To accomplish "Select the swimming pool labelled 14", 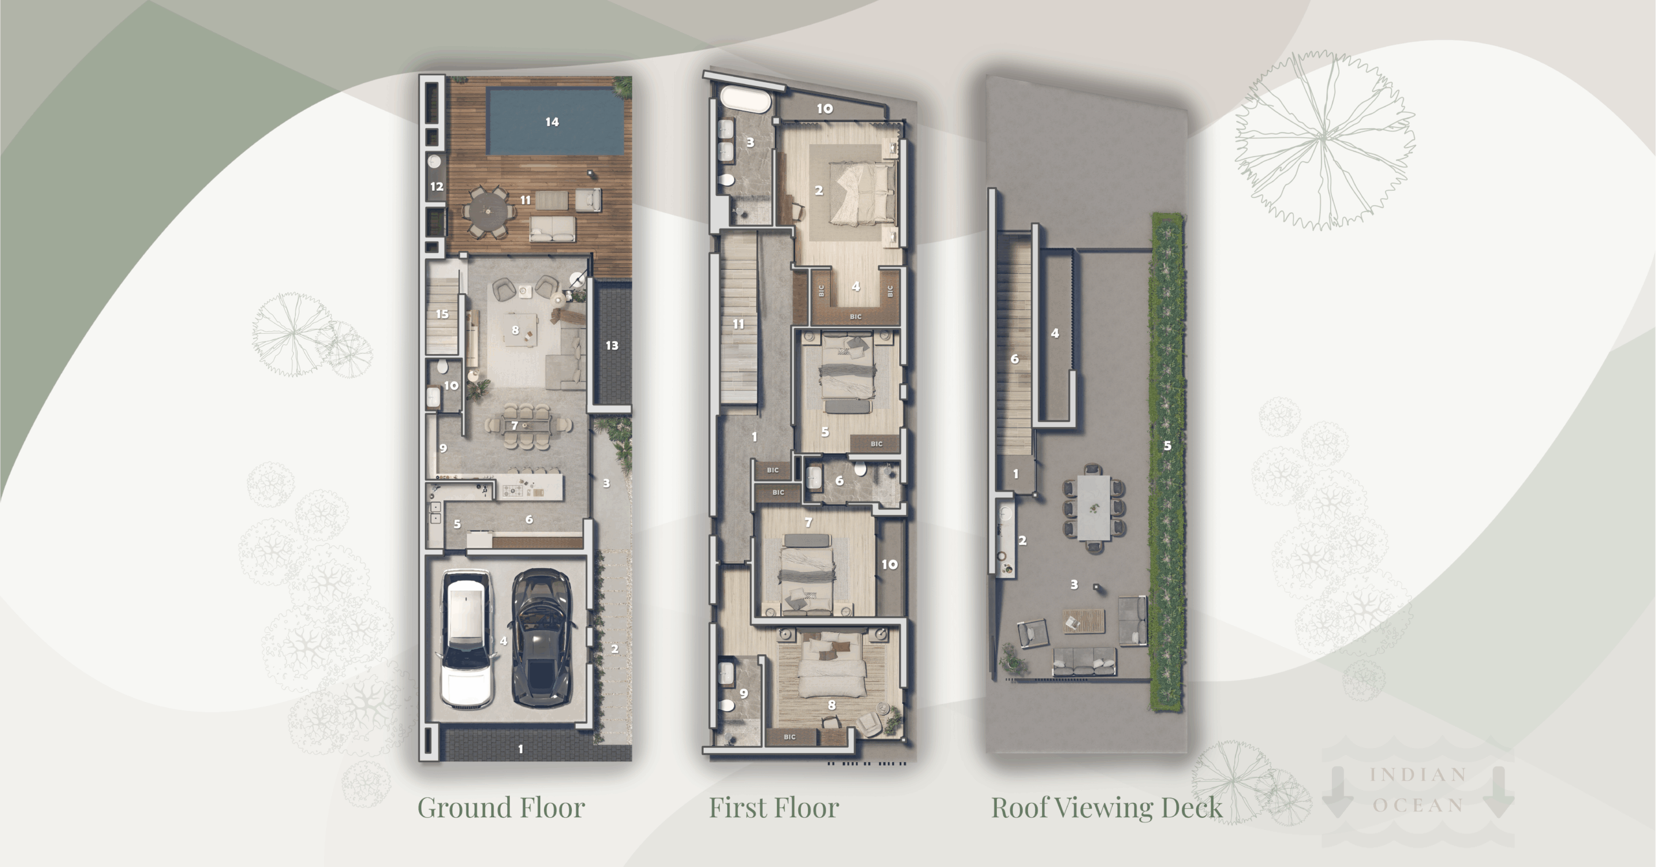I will [552, 122].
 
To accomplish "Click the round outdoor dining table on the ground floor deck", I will [489, 212].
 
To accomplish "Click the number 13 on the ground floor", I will [612, 346].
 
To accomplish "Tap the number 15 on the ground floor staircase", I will [442, 314].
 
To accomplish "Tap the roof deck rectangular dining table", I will [1094, 508].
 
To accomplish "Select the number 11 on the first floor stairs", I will [738, 324].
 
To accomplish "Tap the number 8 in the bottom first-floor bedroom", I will [831, 705].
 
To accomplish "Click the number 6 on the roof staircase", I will [1014, 359].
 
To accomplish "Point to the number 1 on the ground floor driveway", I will [521, 749].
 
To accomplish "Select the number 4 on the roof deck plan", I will [1055, 334].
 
